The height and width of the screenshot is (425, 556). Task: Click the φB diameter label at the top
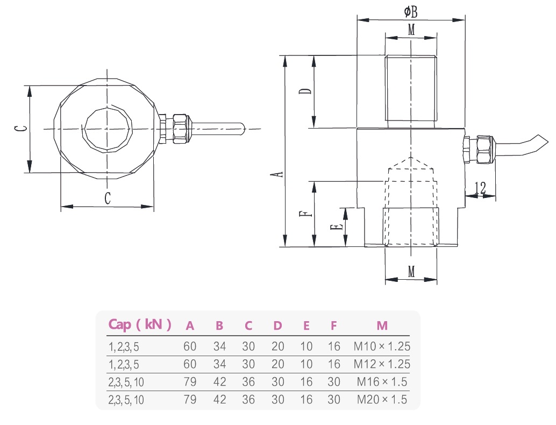coord(410,11)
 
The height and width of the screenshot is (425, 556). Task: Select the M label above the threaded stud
coord(411,30)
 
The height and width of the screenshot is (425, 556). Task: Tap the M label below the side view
coord(411,272)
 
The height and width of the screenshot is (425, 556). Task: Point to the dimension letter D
coord(305,91)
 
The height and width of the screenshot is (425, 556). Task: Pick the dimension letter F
coord(305,214)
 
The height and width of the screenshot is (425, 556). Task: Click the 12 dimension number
coord(480,188)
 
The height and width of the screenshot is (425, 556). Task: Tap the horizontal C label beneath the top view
coord(108,198)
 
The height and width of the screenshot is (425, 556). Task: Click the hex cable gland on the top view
coord(180,129)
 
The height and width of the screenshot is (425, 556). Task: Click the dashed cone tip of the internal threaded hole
coord(411,160)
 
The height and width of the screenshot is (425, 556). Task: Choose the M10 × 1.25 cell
coord(382,346)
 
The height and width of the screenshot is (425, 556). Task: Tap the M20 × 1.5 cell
coord(382,400)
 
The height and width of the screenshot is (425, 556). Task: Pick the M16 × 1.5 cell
coord(382,382)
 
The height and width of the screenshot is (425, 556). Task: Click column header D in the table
coord(277,325)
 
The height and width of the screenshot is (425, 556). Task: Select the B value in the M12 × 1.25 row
coord(219,364)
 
